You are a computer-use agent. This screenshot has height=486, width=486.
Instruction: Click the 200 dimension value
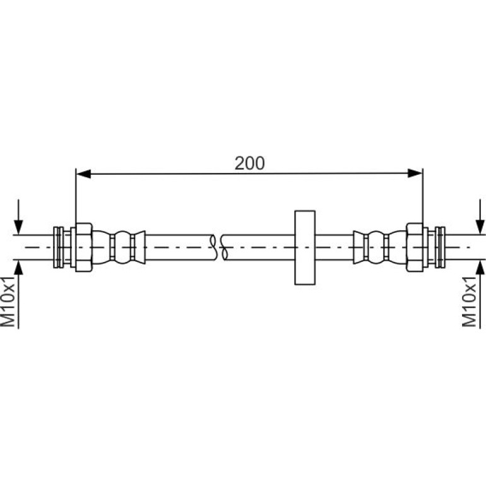click(x=249, y=163)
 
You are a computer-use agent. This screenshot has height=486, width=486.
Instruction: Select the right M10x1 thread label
click(x=469, y=301)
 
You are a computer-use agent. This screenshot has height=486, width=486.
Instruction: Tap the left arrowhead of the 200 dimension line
click(x=83, y=174)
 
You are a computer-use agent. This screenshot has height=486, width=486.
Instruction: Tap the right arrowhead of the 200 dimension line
click(x=415, y=174)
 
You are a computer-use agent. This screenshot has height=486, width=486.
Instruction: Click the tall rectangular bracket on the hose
click(x=305, y=247)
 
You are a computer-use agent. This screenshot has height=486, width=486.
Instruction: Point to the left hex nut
click(x=84, y=247)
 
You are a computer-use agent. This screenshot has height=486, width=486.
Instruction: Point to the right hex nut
click(x=415, y=247)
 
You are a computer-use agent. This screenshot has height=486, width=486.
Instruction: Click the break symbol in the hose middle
click(x=219, y=247)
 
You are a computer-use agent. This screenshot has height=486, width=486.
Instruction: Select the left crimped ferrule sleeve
click(x=119, y=247)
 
